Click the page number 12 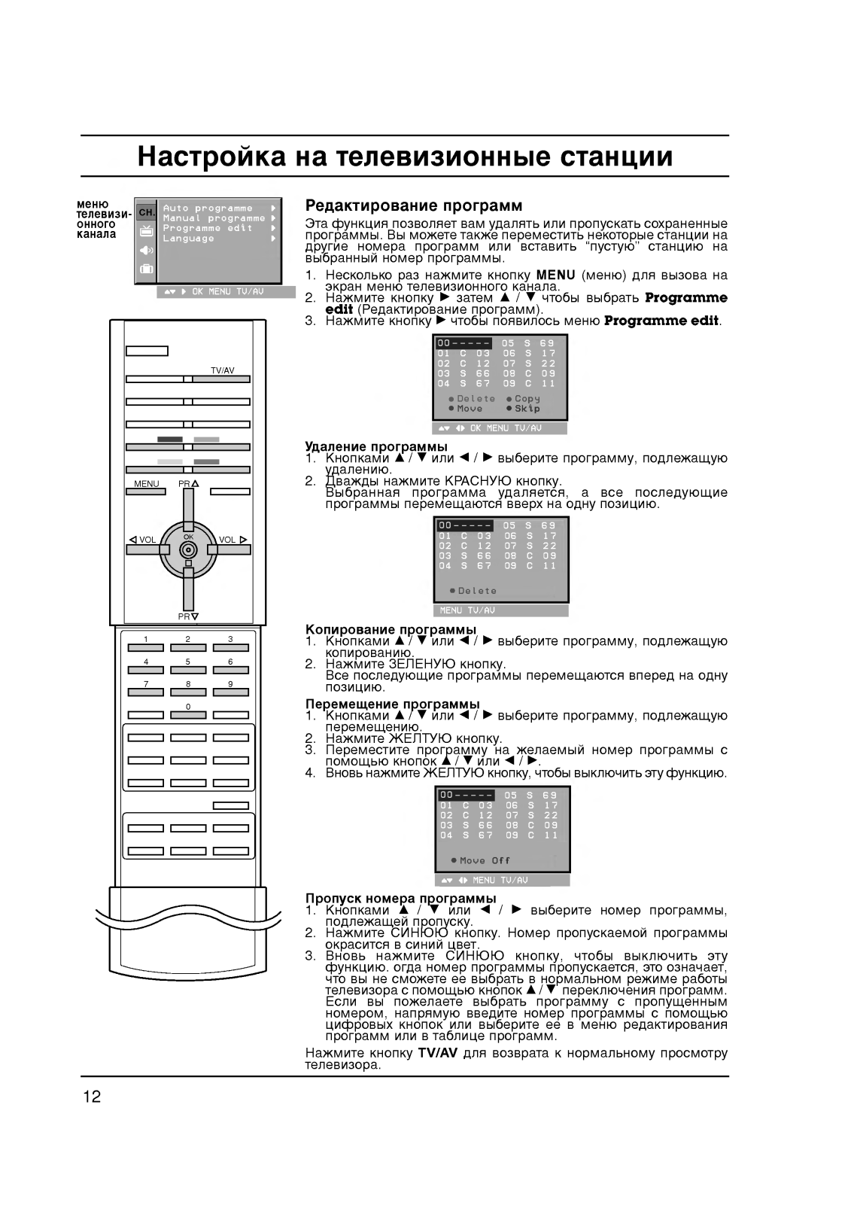[x=91, y=1097]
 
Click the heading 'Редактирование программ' [x=413, y=205]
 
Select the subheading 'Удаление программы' [x=375, y=446]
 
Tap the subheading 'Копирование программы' [x=391, y=629]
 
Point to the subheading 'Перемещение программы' [x=392, y=704]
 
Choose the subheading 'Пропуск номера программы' [x=400, y=898]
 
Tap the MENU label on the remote [x=147, y=484]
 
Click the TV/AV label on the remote [x=223, y=370]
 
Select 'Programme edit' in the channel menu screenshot [x=208, y=228]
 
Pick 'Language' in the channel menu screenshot [x=189, y=239]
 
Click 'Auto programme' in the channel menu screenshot [x=208, y=208]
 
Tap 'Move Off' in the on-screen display [x=485, y=860]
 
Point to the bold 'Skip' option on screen [x=527, y=409]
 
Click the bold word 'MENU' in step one [x=556, y=275]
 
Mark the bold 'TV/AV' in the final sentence [x=438, y=1053]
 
